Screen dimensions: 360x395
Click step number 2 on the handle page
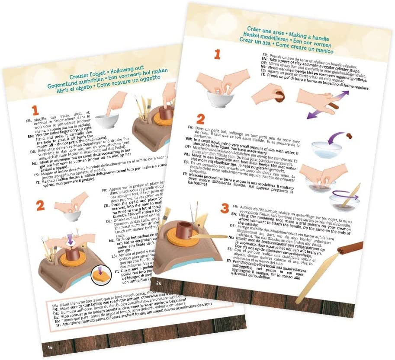[x=200, y=119]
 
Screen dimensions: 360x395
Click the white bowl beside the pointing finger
[x=106, y=120]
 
